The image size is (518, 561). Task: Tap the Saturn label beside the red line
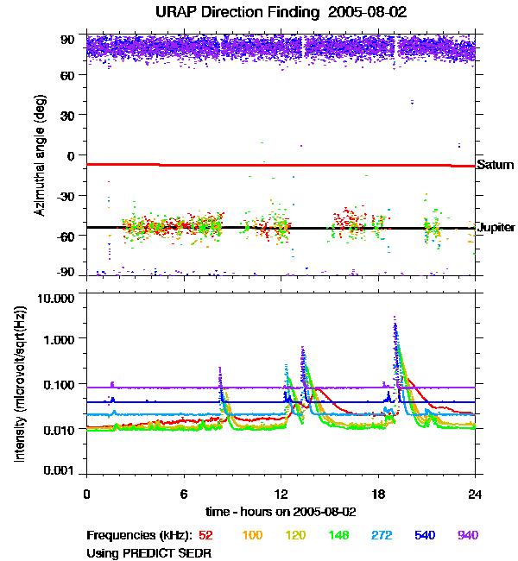pyautogui.click(x=495, y=165)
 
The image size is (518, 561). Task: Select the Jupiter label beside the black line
pyautogui.click(x=496, y=228)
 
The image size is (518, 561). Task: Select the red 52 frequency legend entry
pyautogui.click(x=205, y=535)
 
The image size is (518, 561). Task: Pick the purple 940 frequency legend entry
pyautogui.click(x=468, y=535)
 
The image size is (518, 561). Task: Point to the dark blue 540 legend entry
pyautogui.click(x=426, y=535)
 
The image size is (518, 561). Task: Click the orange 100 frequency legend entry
pyautogui.click(x=251, y=535)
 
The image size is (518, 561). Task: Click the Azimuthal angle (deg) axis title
pyautogui.click(x=40, y=155)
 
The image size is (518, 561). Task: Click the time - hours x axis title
pyautogui.click(x=281, y=512)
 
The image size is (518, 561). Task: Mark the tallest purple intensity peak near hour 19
pyautogui.click(x=395, y=318)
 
